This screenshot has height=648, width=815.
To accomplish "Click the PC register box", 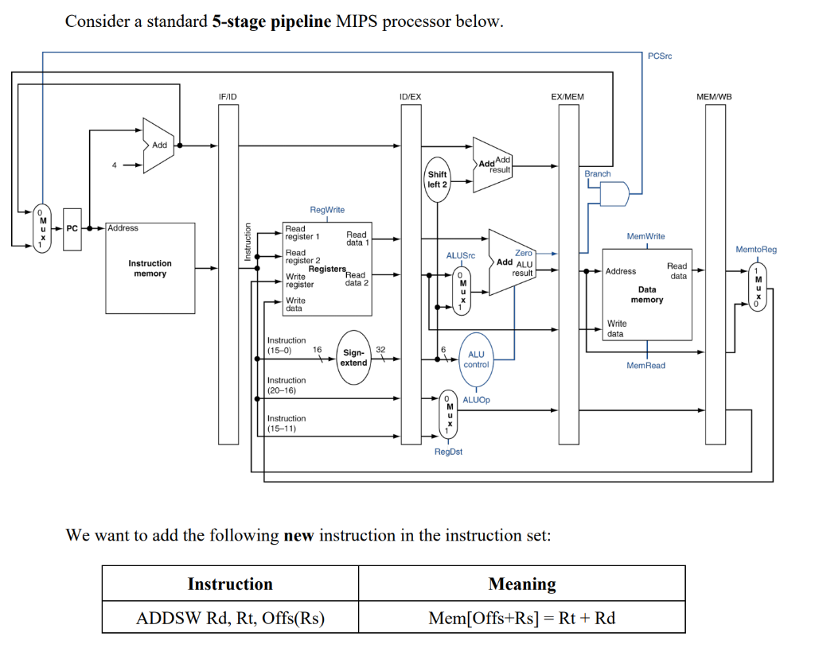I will pyautogui.click(x=72, y=229).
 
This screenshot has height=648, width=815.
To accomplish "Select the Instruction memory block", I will pyautogui.click(x=150, y=269).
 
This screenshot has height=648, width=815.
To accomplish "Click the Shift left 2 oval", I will pyautogui.click(x=437, y=179).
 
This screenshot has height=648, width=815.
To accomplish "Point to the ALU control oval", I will pyautogui.click(x=476, y=359).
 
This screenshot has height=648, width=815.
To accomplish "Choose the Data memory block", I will pyautogui.click(x=646, y=294).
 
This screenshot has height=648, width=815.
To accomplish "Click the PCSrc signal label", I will pyautogui.click(x=660, y=56).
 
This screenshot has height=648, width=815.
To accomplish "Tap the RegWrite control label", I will pyautogui.click(x=327, y=210).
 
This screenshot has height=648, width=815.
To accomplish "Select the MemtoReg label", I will pyautogui.click(x=756, y=250).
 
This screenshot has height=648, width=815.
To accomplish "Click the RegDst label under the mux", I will pyautogui.click(x=448, y=452).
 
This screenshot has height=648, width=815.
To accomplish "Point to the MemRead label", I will pyautogui.click(x=645, y=366).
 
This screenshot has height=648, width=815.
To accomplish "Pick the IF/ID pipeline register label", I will pyautogui.click(x=228, y=96).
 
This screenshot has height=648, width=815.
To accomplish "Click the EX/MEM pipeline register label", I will pyautogui.click(x=567, y=96).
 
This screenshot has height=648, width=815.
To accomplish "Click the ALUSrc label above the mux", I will pyautogui.click(x=460, y=256).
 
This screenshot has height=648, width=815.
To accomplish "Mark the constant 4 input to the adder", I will pyautogui.click(x=114, y=165).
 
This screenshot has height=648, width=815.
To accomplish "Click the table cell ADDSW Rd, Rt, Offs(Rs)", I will pyautogui.click(x=230, y=618).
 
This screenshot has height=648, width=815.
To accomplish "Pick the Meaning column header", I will pyautogui.click(x=521, y=584).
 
